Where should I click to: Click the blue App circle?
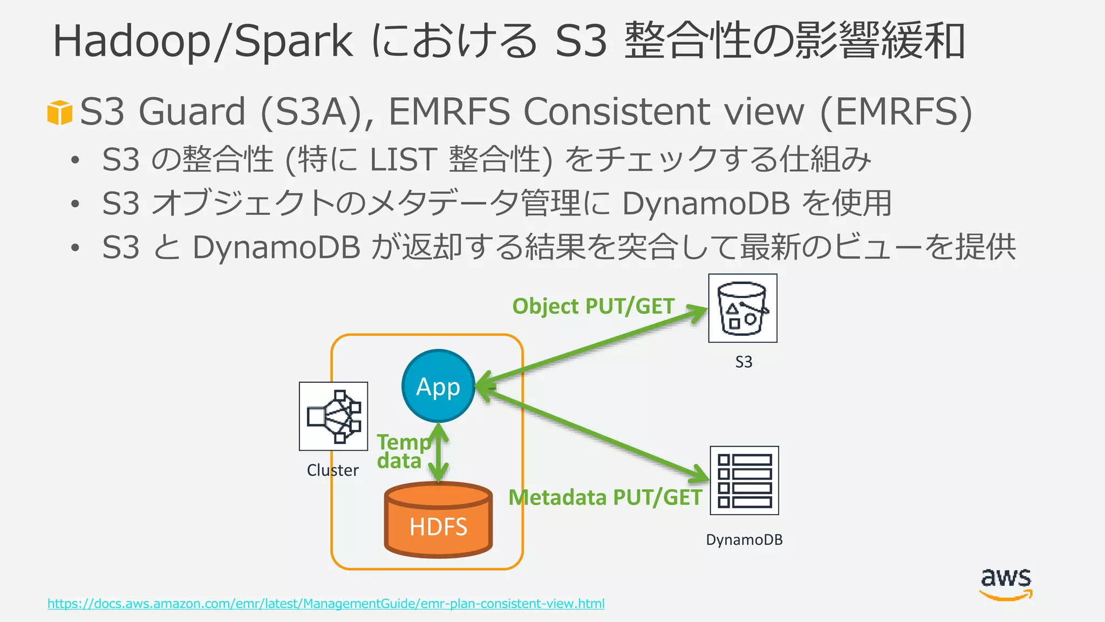(438, 386)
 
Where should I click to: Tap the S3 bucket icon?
(742, 308)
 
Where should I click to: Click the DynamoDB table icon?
(744, 481)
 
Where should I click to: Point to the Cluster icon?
(333, 416)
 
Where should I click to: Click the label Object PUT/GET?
(593, 306)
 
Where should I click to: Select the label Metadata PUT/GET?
(605, 497)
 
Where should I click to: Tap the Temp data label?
(402, 451)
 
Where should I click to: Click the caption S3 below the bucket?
(744, 362)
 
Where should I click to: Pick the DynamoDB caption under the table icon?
(744, 539)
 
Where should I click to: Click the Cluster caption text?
(332, 470)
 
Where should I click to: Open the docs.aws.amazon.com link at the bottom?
(326, 603)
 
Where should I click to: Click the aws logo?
(1006, 584)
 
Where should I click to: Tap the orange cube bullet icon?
(59, 112)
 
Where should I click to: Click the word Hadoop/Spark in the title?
(202, 41)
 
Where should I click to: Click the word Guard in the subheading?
(192, 112)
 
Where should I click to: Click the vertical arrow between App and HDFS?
(439, 453)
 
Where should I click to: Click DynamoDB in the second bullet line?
(706, 204)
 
